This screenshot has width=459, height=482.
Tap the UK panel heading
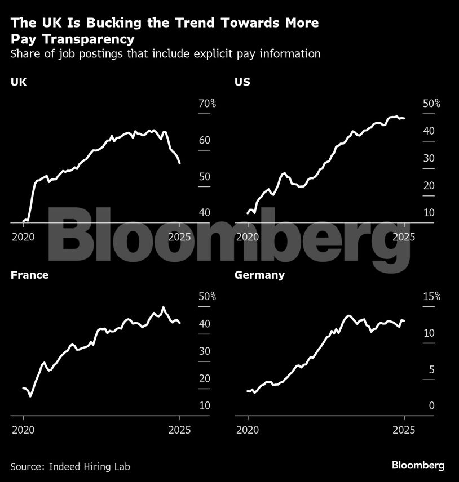click(19, 82)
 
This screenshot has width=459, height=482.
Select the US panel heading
click(242, 82)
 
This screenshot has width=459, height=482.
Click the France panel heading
click(29, 275)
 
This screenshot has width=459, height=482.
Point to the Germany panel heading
click(259, 275)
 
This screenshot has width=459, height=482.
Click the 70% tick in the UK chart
click(208, 104)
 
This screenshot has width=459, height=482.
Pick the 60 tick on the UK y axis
click(204, 140)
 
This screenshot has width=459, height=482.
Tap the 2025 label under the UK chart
click(179, 236)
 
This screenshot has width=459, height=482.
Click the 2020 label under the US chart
click(248, 236)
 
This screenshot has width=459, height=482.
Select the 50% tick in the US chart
click(432, 104)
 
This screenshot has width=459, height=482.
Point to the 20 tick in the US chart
click(429, 185)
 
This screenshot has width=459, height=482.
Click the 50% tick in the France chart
click(208, 297)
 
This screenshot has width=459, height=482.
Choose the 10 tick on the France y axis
click(204, 405)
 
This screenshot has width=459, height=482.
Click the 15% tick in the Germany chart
click(432, 297)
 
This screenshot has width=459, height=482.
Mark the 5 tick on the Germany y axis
click(431, 369)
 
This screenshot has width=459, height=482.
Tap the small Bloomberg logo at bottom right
click(418, 465)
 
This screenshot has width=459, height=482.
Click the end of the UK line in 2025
click(179, 163)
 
